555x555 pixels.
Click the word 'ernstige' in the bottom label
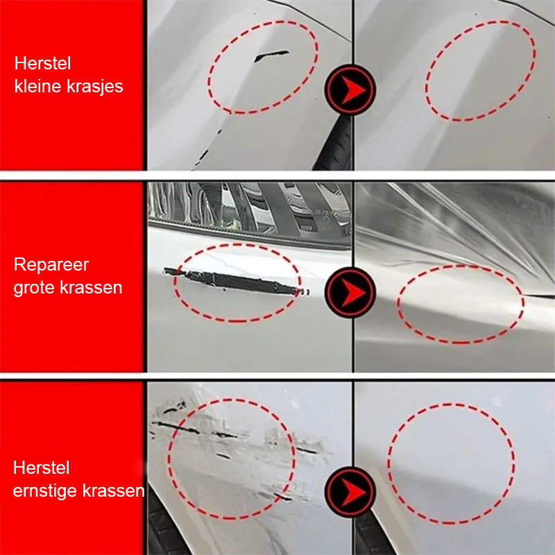[x=46, y=491]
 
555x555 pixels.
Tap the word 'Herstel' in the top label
[x=43, y=64]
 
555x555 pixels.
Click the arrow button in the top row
[x=350, y=89]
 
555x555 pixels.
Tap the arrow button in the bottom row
[x=350, y=492]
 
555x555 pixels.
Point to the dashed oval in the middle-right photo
[x=460, y=305]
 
